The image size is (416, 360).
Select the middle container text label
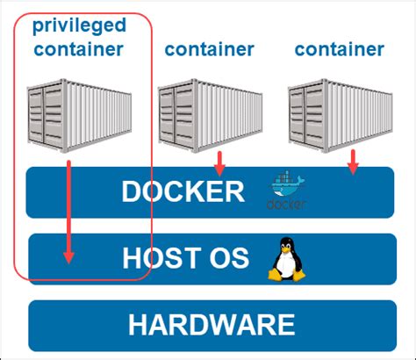209,49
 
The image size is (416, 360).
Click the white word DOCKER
183,191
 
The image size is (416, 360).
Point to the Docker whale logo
287,186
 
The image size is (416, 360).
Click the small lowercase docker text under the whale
287,206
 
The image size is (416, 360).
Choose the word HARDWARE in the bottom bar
211,325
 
